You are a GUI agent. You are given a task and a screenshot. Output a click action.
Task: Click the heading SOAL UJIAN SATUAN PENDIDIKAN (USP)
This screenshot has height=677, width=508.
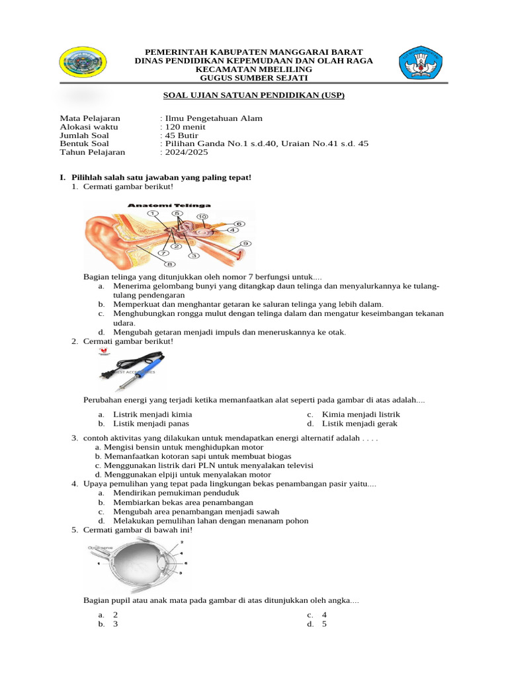[254, 95]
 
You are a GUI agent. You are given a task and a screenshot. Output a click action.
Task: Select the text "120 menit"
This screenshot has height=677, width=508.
[185, 127]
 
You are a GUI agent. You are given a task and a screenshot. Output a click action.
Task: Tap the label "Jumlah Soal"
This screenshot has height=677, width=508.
[84, 135]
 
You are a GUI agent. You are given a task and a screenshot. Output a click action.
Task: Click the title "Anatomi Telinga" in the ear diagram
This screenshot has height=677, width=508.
[156, 206]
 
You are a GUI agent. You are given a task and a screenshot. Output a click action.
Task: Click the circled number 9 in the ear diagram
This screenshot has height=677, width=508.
[245, 243]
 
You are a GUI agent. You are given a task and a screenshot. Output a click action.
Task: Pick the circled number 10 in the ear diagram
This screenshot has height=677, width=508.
[202, 216]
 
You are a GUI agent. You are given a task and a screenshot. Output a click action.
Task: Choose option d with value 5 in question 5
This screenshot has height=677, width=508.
[324, 623]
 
